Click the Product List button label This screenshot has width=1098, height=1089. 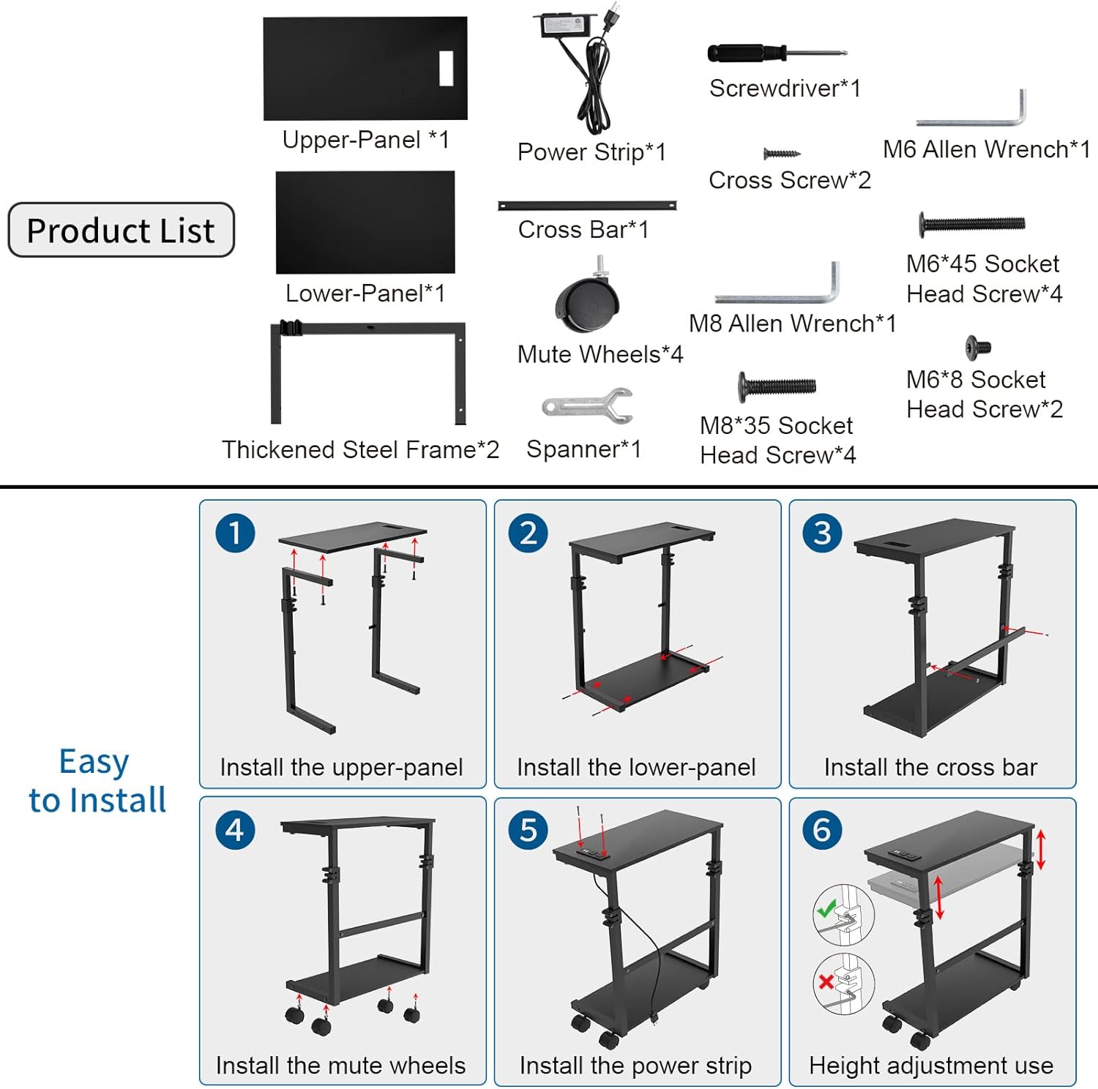[x=121, y=231]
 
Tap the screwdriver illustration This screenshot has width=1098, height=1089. [x=776, y=53]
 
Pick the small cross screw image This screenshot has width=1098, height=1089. [x=781, y=154]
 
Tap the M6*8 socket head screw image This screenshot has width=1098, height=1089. [x=978, y=347]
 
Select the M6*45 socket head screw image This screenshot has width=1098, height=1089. [x=972, y=224]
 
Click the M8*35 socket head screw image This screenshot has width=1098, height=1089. [x=777, y=386]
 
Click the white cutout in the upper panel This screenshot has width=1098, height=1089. [x=446, y=68]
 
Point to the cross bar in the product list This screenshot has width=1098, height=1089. [x=587, y=206]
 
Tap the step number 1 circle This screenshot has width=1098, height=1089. [x=235, y=533]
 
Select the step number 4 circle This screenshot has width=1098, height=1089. [x=235, y=830]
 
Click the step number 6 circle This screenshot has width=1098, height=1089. [x=822, y=830]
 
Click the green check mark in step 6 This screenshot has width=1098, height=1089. [x=827, y=909]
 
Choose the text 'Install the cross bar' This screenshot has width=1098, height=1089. [x=930, y=767]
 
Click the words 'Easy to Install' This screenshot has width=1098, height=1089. [x=97, y=781]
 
